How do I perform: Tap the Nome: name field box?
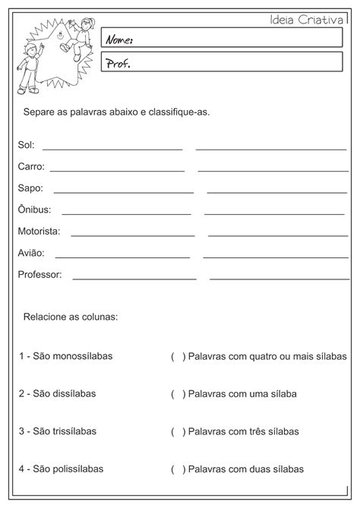pos(222,38)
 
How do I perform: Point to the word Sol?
pos(26,145)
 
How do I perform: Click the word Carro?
pos(31,166)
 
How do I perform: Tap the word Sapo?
pos(30,188)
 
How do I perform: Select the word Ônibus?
pos(34,209)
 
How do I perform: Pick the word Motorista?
pos(39,231)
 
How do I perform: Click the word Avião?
pos(31,252)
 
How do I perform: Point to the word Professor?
pos(39,274)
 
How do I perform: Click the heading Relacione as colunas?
pos(71,315)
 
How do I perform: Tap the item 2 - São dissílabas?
pos(57,393)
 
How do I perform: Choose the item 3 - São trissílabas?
pos(58,431)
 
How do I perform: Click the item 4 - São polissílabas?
pos(61,469)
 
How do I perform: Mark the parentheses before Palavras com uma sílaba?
pos(178,394)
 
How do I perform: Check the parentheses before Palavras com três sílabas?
pos(178,432)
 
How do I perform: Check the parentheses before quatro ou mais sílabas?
pos(178,356)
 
